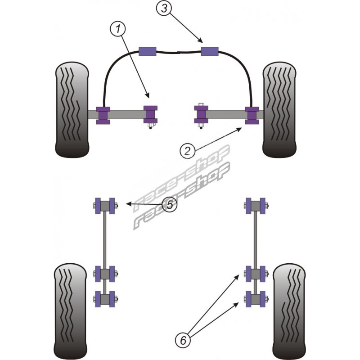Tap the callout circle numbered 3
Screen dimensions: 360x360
164,8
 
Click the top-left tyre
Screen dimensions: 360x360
72,110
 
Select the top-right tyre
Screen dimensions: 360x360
279,110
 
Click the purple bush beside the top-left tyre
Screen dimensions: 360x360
104,114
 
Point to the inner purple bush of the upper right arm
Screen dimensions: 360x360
201,114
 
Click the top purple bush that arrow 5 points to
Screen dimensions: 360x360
104,206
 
